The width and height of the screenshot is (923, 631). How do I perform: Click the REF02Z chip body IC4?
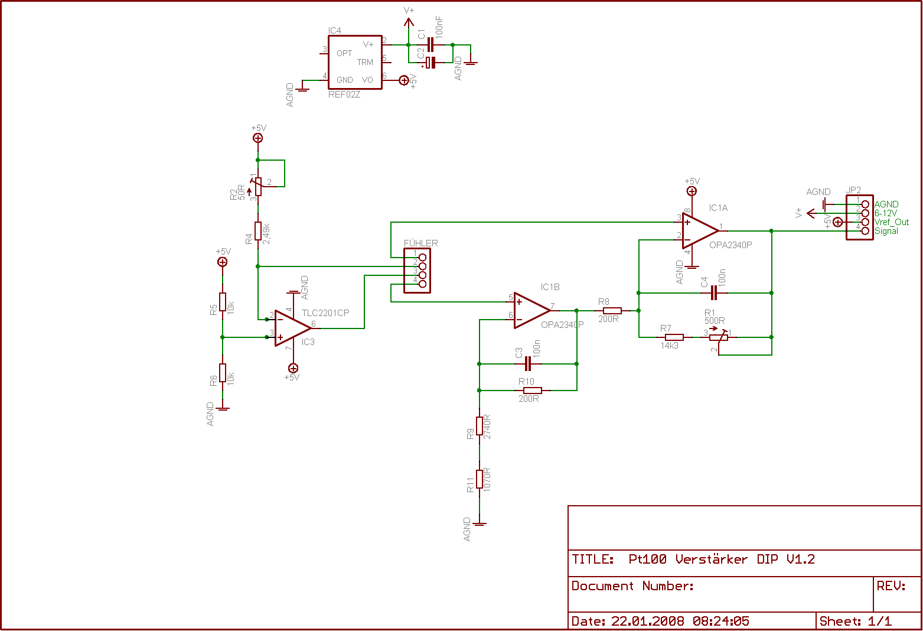pyautogui.click(x=355, y=62)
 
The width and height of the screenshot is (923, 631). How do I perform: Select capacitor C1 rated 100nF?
pyautogui.click(x=430, y=44)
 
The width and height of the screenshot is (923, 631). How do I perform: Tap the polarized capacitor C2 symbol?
pyautogui.click(x=430, y=63)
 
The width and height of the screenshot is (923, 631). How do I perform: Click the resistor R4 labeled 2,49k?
pyautogui.click(x=258, y=231)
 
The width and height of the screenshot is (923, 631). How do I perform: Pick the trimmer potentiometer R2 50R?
pyautogui.click(x=258, y=186)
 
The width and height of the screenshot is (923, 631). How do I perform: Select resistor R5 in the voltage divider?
pyautogui.click(x=223, y=302)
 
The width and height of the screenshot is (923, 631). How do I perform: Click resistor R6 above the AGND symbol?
pyautogui.click(x=223, y=373)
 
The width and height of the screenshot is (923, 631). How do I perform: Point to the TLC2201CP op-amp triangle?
pyautogui.click(x=292, y=328)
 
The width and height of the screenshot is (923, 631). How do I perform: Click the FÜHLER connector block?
pyautogui.click(x=417, y=271)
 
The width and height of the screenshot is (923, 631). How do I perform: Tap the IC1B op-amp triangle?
pyautogui.click(x=532, y=310)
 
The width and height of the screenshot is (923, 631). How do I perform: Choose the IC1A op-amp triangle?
pyautogui.click(x=700, y=231)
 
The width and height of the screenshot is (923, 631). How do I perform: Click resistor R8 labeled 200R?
pyautogui.click(x=612, y=311)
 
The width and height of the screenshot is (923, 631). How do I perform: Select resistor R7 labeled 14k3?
pyautogui.click(x=674, y=337)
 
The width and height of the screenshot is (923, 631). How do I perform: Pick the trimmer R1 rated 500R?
pyautogui.click(x=718, y=337)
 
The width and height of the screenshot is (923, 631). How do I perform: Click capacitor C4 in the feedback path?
pyautogui.click(x=714, y=293)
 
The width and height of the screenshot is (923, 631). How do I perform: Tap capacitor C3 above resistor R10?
pyautogui.click(x=528, y=364)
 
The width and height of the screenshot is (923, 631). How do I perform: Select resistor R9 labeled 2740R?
pyautogui.click(x=480, y=426)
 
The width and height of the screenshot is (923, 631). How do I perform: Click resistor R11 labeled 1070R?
pyautogui.click(x=480, y=479)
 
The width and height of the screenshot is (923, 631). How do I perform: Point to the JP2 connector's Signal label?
pyautogui.click(x=886, y=231)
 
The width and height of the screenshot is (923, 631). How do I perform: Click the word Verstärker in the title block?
pyautogui.click(x=711, y=560)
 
